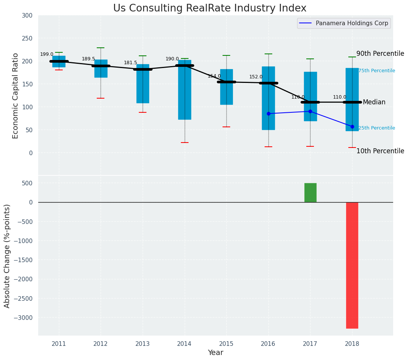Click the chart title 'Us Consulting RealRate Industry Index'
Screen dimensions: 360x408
210,8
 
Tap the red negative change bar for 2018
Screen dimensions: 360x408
352,265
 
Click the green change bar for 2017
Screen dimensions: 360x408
310,193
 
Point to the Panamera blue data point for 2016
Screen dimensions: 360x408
268,114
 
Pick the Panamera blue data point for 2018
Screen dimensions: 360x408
352,126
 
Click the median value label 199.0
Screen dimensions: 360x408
47,54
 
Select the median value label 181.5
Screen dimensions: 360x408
130,63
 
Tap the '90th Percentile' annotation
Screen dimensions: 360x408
380,54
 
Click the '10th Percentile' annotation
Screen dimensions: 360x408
380,151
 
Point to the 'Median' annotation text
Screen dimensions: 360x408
374,102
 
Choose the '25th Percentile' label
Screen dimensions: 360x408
377,128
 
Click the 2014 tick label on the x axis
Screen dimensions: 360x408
184,344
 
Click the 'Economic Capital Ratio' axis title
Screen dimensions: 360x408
16,96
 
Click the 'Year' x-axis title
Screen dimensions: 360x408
216,353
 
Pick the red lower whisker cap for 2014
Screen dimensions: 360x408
185,143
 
